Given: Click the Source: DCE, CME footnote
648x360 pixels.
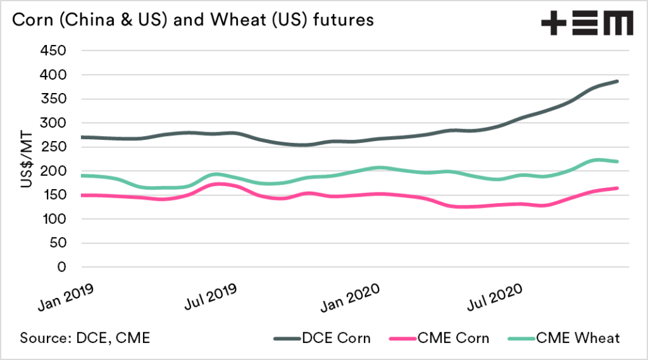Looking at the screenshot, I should pyautogui.click(x=85, y=338).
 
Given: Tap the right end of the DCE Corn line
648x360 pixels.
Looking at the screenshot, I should pyautogui.click(x=617, y=81).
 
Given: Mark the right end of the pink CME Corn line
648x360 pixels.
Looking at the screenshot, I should pyautogui.click(x=617, y=188).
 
